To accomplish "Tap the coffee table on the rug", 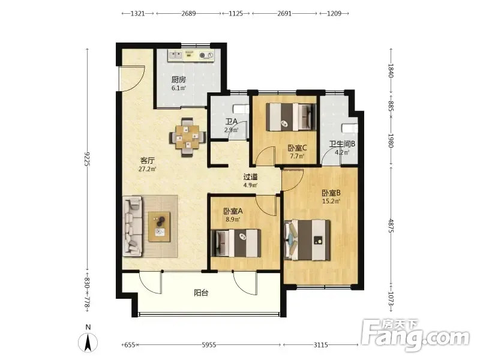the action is click(x=159, y=227).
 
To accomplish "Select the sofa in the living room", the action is click(x=133, y=226).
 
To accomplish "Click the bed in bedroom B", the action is click(x=307, y=240).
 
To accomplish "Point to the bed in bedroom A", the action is click(x=236, y=243).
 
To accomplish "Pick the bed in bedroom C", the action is click(x=291, y=117).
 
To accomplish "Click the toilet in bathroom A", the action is click(x=242, y=109).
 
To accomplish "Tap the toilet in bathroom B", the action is click(x=350, y=128).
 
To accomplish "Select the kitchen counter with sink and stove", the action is click(x=191, y=55).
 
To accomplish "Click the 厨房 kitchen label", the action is click(x=178, y=80).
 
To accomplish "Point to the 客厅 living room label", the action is click(x=147, y=160).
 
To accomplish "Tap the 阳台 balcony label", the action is click(x=201, y=293).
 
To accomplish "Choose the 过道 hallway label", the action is click(x=250, y=177).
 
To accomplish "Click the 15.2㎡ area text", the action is click(x=331, y=202).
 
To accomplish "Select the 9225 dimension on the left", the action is click(x=86, y=159).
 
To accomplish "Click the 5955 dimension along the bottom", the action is click(x=209, y=345).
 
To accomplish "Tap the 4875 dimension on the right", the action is click(x=391, y=226).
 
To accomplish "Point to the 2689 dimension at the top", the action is click(x=188, y=13).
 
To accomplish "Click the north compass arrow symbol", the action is click(x=88, y=342).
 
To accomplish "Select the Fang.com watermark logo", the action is click(x=415, y=335).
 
